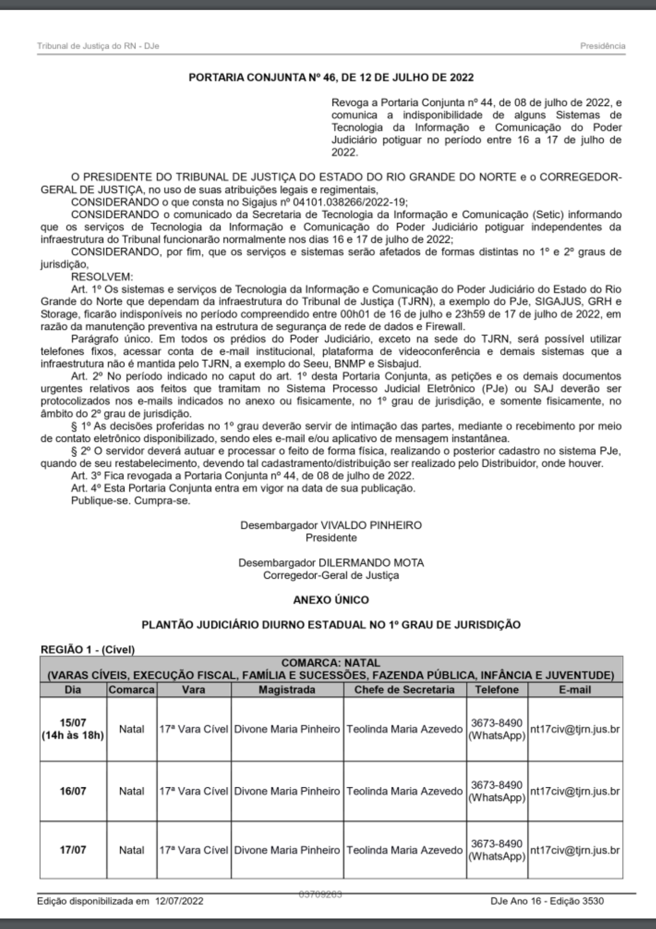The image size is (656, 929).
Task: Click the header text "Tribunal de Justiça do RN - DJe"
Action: (x=98, y=46)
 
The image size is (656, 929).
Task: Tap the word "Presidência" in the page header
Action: (x=602, y=46)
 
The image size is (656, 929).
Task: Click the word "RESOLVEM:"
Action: (x=102, y=277)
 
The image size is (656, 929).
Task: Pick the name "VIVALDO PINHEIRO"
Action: (x=371, y=525)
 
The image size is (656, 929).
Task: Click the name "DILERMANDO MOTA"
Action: (x=371, y=563)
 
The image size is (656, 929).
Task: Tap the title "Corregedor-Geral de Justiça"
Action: (x=331, y=575)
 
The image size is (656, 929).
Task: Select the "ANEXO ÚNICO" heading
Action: (x=331, y=600)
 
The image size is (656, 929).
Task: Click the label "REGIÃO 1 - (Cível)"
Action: (x=88, y=650)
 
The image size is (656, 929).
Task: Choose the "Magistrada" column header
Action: (x=287, y=690)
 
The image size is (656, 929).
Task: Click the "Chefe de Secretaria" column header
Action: (x=404, y=690)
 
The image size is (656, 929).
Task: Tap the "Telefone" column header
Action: (x=496, y=690)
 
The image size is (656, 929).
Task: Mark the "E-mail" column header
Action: (x=575, y=690)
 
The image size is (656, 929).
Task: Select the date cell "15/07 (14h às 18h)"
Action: (x=73, y=729)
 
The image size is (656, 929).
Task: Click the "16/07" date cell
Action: (x=73, y=791)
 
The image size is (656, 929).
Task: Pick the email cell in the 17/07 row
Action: (x=575, y=850)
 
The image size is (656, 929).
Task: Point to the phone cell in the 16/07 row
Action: (x=496, y=791)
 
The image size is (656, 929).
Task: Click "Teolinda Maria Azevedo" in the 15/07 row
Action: (x=404, y=729)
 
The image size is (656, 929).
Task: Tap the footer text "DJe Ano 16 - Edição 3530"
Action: (x=547, y=902)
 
